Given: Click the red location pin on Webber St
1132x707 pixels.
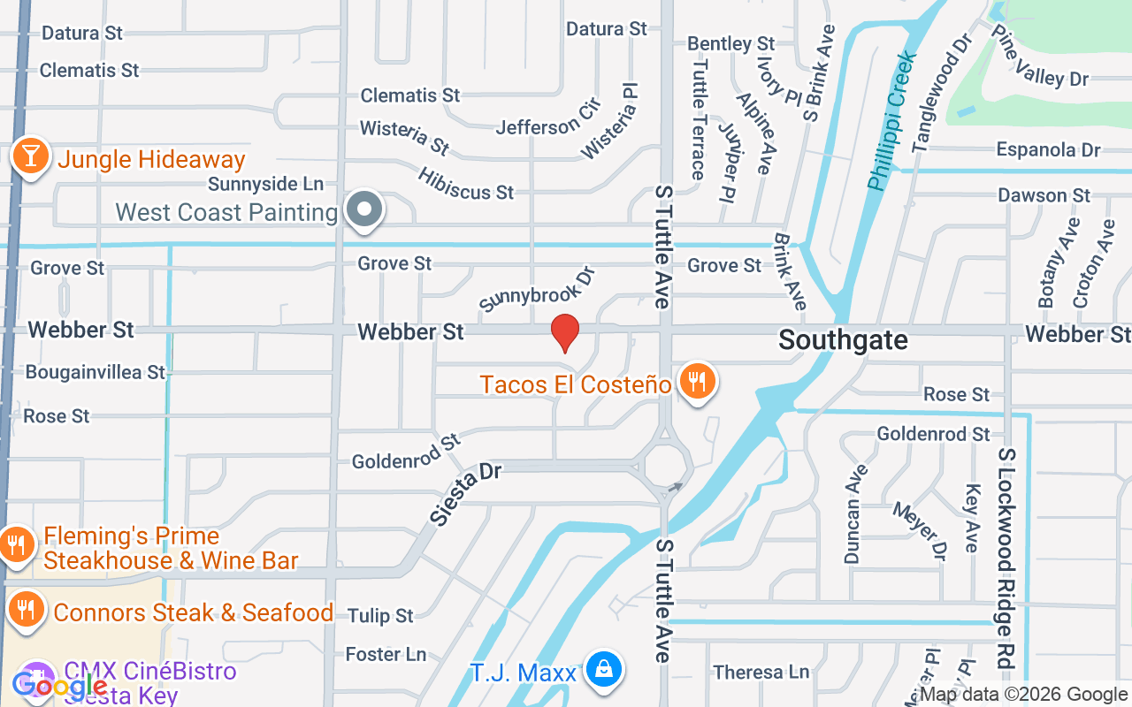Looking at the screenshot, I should tap(565, 332).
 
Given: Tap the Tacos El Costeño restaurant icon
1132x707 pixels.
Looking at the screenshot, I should tap(698, 382).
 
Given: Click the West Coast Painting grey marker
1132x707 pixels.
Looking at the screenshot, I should tap(363, 210).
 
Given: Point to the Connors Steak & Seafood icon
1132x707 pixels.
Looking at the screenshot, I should tap(28, 610).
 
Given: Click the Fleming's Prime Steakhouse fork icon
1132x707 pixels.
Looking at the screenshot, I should tap(16, 543).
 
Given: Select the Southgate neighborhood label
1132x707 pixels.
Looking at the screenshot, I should tap(843, 340).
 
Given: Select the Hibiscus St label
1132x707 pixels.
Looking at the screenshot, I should tap(466, 182).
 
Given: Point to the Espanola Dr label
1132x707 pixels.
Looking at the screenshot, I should tap(1048, 149).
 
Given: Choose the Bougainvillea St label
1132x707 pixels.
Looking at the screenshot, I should tap(96, 372).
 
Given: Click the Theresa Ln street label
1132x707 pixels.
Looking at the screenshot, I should tap(761, 673).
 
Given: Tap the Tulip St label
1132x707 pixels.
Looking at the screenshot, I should tap(380, 615).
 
